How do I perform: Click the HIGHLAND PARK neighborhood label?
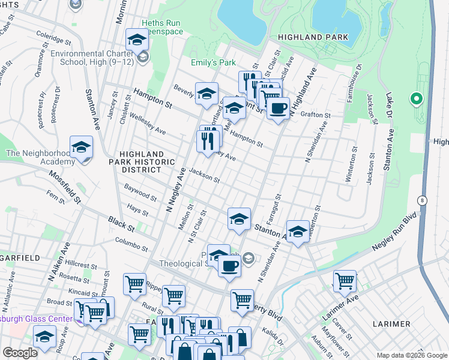pos(313,37)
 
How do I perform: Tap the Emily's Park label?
pos(213,62)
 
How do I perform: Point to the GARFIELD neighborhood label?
pos(20,257)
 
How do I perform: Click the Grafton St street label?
pos(316,115)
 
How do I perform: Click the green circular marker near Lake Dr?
pos(415,98)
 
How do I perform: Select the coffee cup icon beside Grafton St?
pos(278,109)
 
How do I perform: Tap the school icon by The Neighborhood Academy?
pos(81,146)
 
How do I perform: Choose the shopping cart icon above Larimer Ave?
pos(345,280)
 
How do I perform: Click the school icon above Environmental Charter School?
pos(137,40)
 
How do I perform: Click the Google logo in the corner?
pos(20,353)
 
